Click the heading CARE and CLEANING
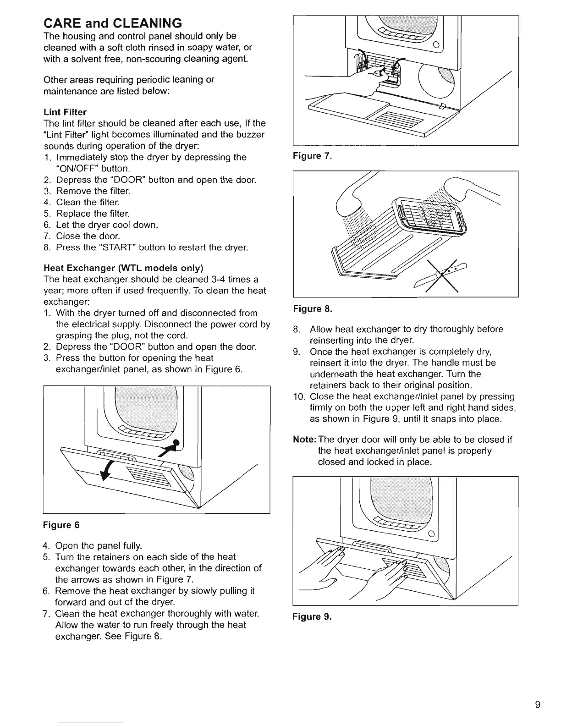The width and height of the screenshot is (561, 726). pyautogui.click(x=112, y=22)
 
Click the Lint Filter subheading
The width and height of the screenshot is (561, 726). pyautogui.click(x=65, y=112)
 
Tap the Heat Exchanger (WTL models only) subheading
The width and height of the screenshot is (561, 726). pyautogui.click(x=123, y=268)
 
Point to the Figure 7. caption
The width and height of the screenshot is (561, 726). pyautogui.click(x=312, y=156)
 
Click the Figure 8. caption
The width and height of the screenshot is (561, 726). pyautogui.click(x=312, y=309)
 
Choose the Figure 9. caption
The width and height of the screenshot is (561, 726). pyautogui.click(x=312, y=616)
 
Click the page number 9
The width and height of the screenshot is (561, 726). pyautogui.click(x=538, y=679)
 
